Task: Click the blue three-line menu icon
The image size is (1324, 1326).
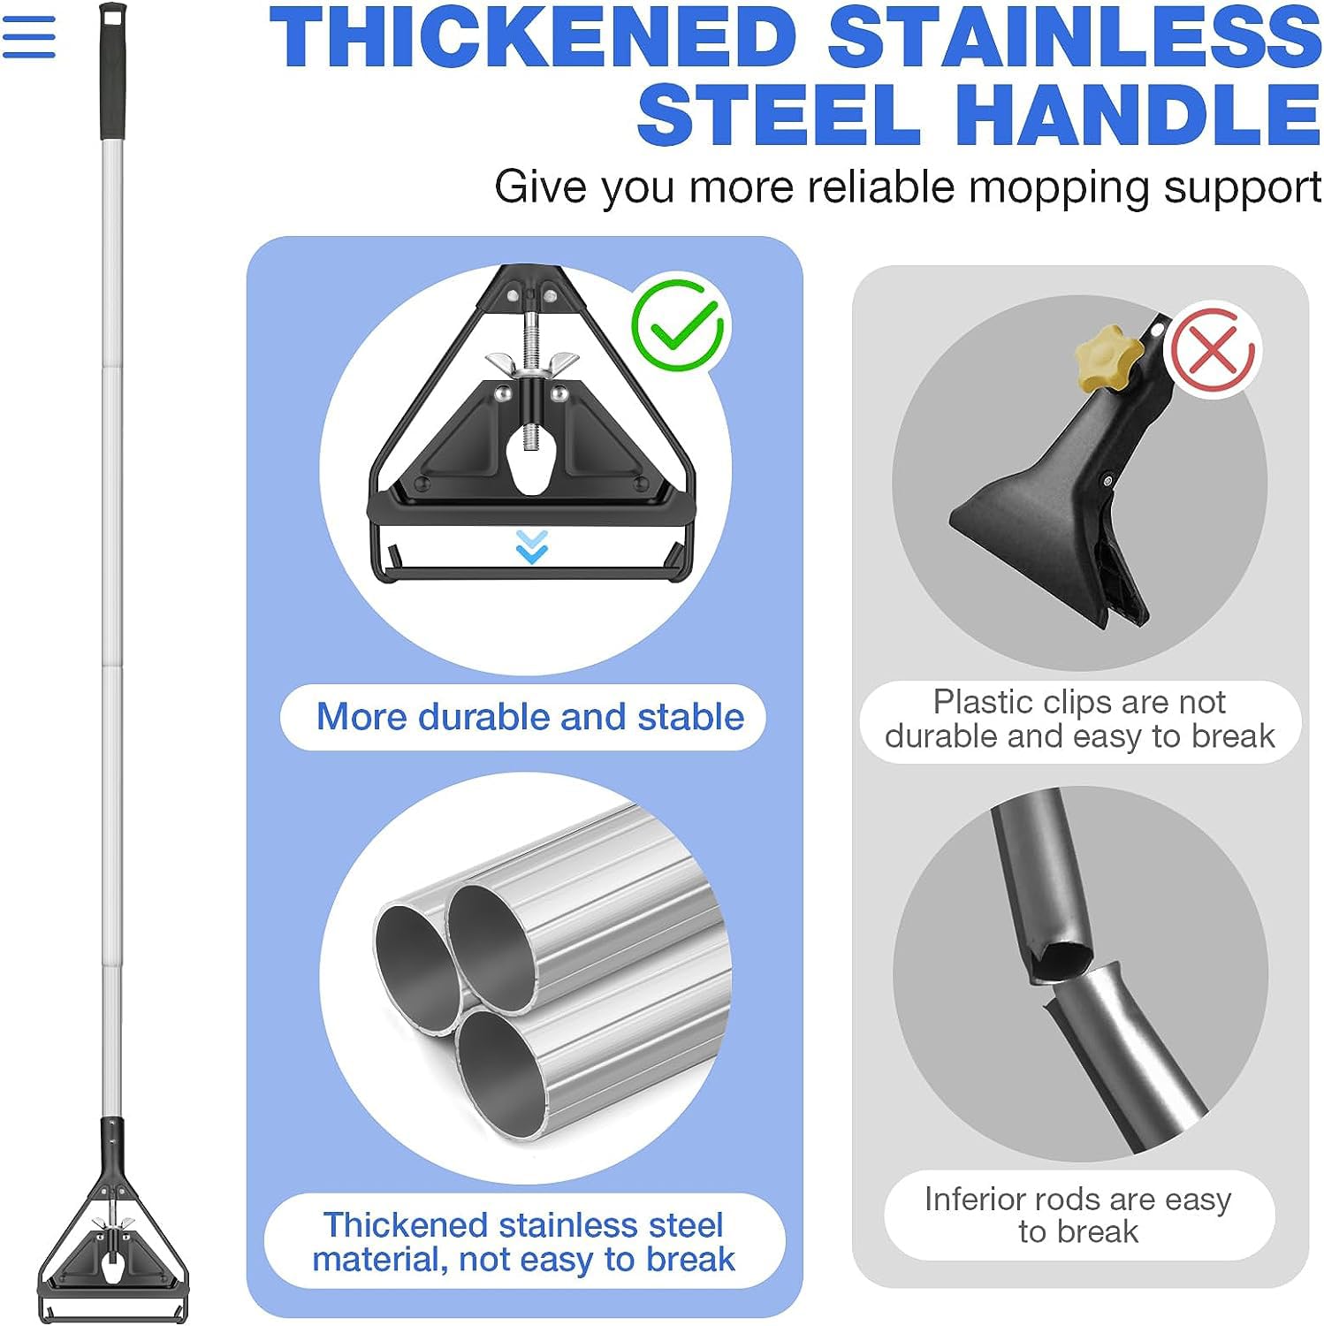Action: pyautogui.click(x=28, y=37)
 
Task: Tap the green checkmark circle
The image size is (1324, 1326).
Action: pyautogui.click(x=678, y=325)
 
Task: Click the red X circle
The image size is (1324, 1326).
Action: pyautogui.click(x=1212, y=351)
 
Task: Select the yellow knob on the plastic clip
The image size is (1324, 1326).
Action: pyautogui.click(x=1108, y=354)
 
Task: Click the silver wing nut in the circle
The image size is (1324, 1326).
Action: pyautogui.click(x=531, y=363)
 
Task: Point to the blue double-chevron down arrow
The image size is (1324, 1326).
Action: pyautogui.click(x=531, y=546)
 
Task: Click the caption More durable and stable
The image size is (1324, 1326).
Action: pyautogui.click(x=530, y=717)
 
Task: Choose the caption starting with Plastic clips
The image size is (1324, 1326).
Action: pyautogui.click(x=1079, y=719)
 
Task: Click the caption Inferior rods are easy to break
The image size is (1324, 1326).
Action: pyautogui.click(x=1077, y=1215)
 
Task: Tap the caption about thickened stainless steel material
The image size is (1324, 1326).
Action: pyautogui.click(x=524, y=1242)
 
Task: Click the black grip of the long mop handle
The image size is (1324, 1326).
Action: pyautogui.click(x=112, y=71)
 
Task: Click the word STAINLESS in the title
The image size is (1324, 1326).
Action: pyautogui.click(x=1074, y=37)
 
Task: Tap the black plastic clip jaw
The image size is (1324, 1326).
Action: pyautogui.click(x=1052, y=522)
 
